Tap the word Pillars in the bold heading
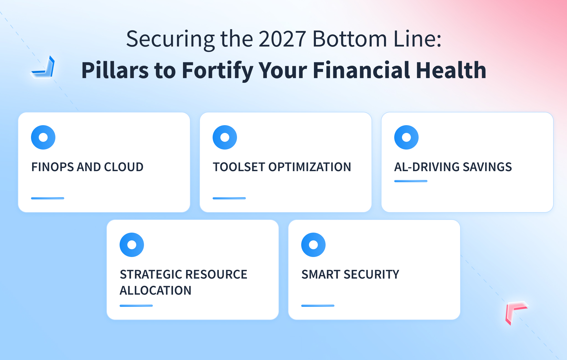115,70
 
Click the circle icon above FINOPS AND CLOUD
43,137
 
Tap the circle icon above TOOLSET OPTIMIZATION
225,137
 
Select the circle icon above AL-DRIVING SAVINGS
406,137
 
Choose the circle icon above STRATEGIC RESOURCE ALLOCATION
132,245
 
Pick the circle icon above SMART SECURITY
313,245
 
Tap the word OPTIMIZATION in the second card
310,167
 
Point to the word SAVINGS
487,167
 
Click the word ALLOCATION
156,290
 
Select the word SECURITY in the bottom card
371,274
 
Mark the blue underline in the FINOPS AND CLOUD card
48,198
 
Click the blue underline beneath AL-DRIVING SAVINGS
411,181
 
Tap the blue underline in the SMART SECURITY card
318,306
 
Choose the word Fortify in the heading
217,71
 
